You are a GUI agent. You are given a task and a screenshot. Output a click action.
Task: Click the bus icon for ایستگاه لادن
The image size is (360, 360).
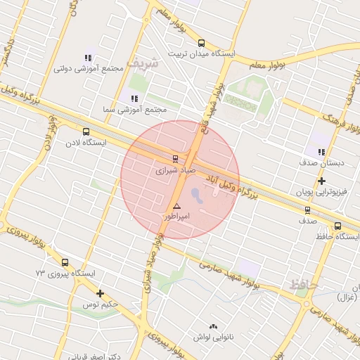click(86, 131)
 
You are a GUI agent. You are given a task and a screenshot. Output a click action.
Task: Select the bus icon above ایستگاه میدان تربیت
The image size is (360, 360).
click(202, 43)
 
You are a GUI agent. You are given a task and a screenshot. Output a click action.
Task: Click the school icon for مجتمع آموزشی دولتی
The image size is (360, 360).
click(88, 58)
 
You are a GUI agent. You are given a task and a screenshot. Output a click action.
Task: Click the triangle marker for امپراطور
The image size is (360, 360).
click(176, 207)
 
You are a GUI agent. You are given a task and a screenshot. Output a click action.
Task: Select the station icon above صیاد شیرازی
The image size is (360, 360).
click(175, 159)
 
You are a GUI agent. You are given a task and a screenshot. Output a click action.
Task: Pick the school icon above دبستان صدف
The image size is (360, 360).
click(321, 152)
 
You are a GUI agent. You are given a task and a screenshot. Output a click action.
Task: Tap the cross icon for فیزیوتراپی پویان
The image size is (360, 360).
click(321, 181)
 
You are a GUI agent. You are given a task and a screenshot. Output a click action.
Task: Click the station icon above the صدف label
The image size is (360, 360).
click(307, 210)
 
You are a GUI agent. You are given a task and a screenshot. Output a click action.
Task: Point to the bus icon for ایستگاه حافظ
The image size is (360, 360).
click(338, 226)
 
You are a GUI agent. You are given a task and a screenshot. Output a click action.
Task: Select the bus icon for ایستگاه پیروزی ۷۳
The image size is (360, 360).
click(65, 262)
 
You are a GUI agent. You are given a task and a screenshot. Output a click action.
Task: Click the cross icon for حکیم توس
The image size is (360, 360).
click(101, 294)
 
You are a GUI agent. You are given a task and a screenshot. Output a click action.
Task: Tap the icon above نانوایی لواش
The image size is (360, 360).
click(214, 326)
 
